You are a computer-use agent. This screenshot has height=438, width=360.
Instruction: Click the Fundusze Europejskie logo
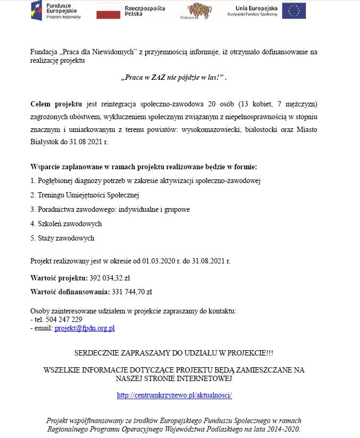pyautogui.click(x=56, y=10)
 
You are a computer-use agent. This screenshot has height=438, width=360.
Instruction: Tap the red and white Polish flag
pyautogui.click(x=108, y=10)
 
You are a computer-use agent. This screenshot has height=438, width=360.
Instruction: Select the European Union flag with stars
pyautogui.click(x=294, y=10)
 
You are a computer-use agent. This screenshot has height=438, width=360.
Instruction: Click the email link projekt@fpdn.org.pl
pyautogui.click(x=85, y=328)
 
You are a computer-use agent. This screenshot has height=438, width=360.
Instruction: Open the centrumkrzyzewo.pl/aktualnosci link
pyautogui.click(x=175, y=395)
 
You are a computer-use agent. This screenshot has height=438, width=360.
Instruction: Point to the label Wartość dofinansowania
pyautogui.click(x=70, y=292)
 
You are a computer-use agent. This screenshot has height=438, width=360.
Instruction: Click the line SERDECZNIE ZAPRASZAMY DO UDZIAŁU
pyautogui.click(x=174, y=353)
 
